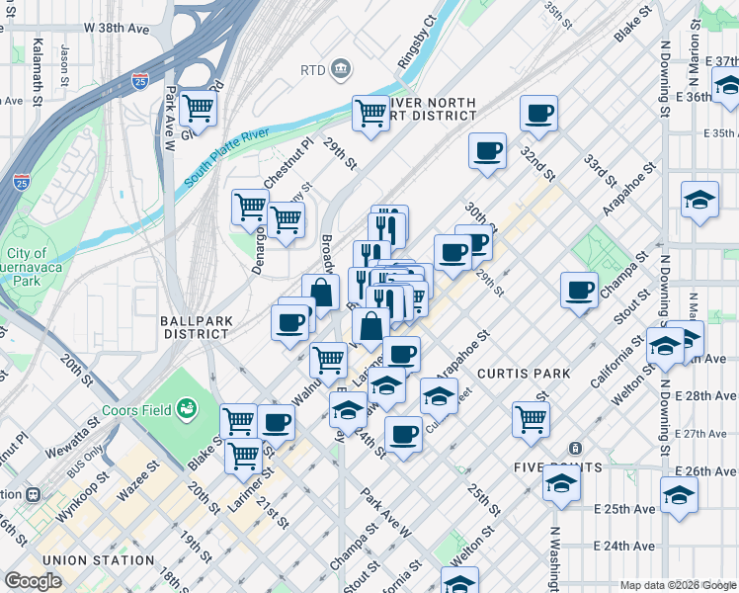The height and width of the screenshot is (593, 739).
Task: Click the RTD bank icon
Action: click(341, 68)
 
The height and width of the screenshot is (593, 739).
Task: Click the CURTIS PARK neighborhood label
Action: click(523, 374)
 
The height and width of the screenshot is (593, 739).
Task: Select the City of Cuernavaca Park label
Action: click(25, 261)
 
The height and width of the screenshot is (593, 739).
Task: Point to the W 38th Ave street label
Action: click(117, 30)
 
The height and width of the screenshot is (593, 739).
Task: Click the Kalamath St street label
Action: click(38, 72)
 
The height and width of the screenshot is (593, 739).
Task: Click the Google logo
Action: click(33, 581)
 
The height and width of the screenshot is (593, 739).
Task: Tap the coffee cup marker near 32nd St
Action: click(538, 114)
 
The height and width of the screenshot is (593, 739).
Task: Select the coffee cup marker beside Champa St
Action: click(579, 290)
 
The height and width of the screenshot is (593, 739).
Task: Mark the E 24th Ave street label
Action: click(624, 546)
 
